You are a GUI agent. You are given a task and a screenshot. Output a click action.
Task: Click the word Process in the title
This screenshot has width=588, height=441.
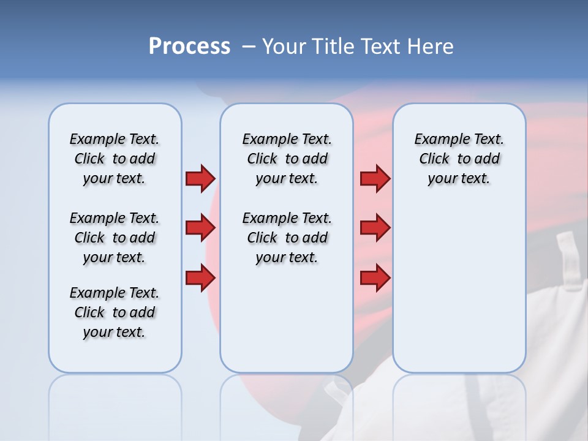[189, 47]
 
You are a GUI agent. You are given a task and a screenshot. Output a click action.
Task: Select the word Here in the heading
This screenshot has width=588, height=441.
[432, 47]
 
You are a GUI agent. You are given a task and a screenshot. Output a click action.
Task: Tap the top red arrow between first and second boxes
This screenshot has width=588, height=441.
[200, 178]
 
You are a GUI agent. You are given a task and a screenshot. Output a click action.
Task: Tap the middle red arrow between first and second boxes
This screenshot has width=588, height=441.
[200, 228]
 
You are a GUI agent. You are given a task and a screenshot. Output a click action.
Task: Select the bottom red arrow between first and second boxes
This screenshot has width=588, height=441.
[200, 278]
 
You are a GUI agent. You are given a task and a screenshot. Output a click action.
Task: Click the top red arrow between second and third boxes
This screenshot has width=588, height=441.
[375, 178]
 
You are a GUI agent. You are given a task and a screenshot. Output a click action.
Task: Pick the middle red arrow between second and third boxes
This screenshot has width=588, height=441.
[375, 228]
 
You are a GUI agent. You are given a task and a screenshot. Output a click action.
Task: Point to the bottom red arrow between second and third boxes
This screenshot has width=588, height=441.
[375, 278]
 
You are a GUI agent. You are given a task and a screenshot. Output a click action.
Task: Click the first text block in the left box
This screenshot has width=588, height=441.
[115, 159]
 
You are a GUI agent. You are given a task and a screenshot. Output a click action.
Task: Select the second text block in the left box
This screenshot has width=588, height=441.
[115, 238]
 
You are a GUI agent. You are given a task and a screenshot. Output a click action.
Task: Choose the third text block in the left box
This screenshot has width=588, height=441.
[115, 312]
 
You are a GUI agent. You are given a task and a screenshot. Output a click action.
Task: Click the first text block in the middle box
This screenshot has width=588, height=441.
[287, 159]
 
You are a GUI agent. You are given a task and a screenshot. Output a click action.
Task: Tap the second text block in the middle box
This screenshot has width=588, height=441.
[287, 238]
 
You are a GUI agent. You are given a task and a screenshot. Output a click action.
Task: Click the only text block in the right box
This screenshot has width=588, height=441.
[459, 159]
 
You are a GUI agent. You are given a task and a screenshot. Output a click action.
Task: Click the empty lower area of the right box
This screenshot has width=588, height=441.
[459, 294]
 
